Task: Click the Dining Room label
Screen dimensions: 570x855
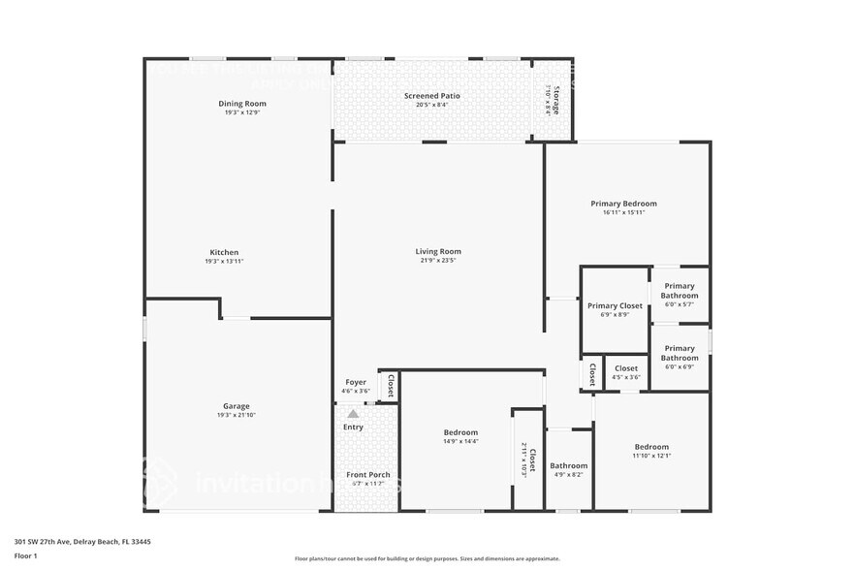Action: coord(241,104)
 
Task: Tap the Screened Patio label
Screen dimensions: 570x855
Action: coord(431,96)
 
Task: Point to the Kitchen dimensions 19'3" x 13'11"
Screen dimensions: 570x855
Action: coord(223,262)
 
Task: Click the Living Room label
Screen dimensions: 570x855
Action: coord(438,251)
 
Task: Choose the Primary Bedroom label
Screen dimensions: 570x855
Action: coord(623,204)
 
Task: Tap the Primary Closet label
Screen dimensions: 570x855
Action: coord(615,305)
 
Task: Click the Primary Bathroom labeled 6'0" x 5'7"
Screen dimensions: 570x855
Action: coord(680,290)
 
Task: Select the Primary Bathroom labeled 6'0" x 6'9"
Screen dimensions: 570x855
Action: coord(680,353)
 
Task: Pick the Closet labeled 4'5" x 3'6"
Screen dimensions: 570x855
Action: coord(626,368)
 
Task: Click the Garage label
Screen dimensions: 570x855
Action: coord(237,406)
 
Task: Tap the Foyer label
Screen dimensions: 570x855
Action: coord(356,382)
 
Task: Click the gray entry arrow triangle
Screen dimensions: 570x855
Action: coord(353,414)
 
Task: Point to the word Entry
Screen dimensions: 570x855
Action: coord(353,427)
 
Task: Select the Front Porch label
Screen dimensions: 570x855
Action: coord(368,474)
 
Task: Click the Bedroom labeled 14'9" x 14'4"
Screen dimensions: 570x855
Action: coord(460,432)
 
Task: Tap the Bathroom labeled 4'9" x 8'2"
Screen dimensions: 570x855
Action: coord(568,465)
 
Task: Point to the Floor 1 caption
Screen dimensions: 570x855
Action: coord(25,555)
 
